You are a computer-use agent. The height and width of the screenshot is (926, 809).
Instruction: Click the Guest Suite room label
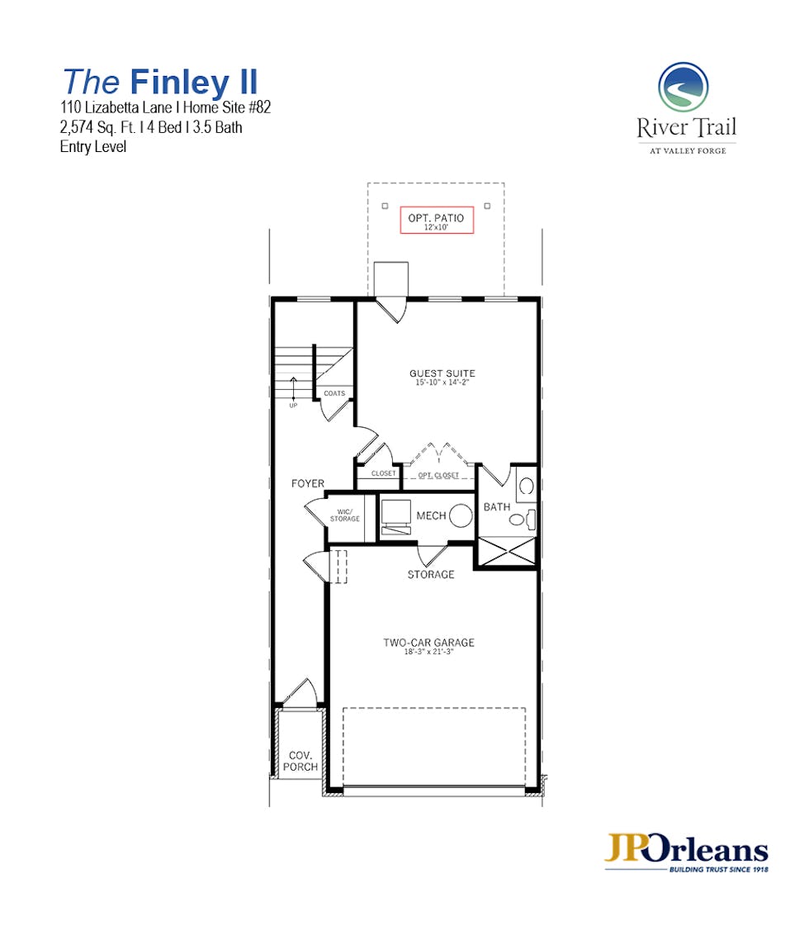click(x=442, y=373)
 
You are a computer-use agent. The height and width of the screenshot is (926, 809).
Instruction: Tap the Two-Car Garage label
click(x=429, y=643)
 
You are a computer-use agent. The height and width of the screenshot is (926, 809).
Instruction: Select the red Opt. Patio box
click(x=437, y=221)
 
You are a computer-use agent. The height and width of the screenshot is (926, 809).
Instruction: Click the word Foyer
click(x=307, y=484)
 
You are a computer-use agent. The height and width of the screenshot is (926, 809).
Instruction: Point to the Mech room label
click(x=432, y=515)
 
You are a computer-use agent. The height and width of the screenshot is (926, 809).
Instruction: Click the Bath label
click(x=497, y=506)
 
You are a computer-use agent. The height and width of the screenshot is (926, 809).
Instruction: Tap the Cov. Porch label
click(x=300, y=761)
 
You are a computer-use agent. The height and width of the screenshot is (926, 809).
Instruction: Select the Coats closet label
click(x=334, y=393)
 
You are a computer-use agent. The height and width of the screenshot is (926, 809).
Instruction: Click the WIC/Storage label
click(x=344, y=515)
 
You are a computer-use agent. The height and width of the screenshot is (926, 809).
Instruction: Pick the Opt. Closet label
click(x=438, y=476)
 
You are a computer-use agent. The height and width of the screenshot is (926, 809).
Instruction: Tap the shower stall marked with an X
click(x=507, y=552)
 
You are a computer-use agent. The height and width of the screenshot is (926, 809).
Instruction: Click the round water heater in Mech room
click(x=461, y=515)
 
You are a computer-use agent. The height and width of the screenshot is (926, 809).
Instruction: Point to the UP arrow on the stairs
click(x=293, y=388)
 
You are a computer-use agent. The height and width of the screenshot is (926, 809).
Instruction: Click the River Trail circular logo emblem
click(x=684, y=87)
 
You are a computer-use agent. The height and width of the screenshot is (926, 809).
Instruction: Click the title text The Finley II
click(x=160, y=82)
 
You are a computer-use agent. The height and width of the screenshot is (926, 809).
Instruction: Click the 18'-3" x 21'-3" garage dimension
click(x=429, y=652)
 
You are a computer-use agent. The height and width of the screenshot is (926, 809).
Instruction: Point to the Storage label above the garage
click(x=431, y=575)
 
